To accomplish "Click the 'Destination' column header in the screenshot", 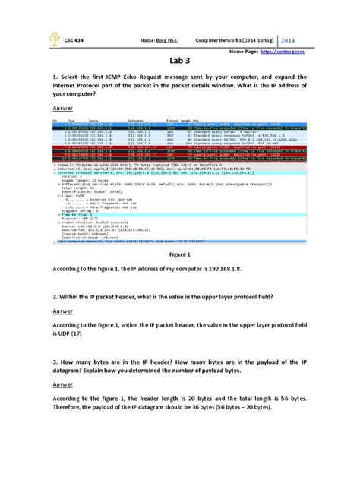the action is [x=136, y=120].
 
